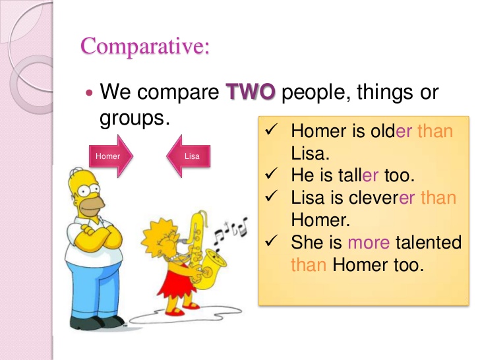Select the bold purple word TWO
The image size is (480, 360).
(251, 92)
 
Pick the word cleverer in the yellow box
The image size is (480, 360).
(373, 197)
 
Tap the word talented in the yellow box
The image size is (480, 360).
(429, 243)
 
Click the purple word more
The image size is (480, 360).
(369, 243)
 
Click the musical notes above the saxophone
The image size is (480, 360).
(235, 227)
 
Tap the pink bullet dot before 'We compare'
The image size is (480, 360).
(90, 93)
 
